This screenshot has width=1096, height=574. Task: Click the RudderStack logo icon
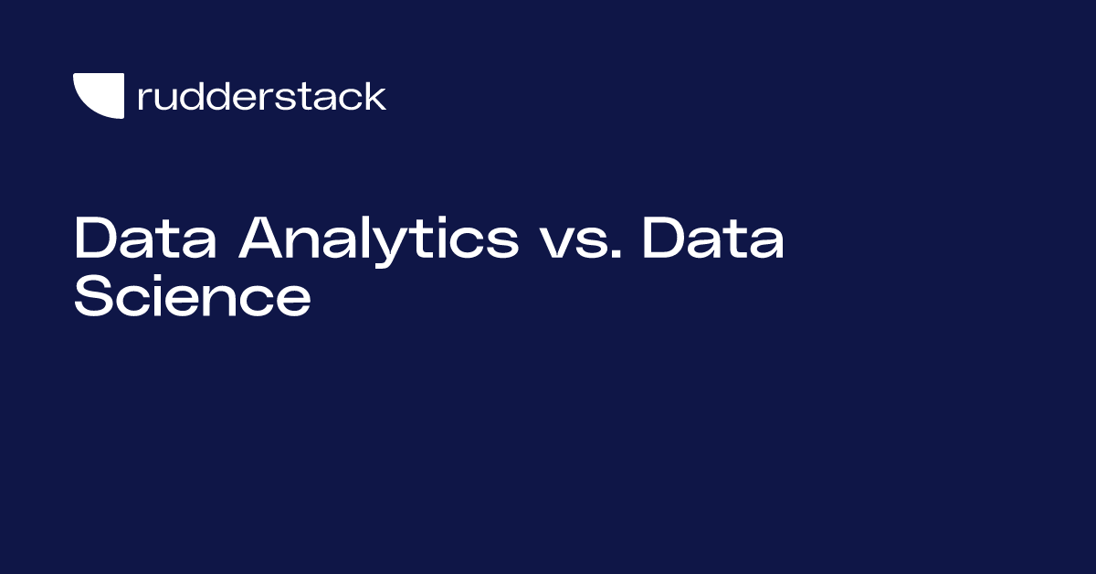[x=98, y=96]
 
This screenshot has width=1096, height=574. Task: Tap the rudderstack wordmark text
[x=261, y=96]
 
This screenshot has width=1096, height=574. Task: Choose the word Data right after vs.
[x=712, y=240]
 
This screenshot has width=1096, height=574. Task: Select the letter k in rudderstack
[x=374, y=96]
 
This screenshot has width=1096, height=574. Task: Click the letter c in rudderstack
[x=352, y=99]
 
